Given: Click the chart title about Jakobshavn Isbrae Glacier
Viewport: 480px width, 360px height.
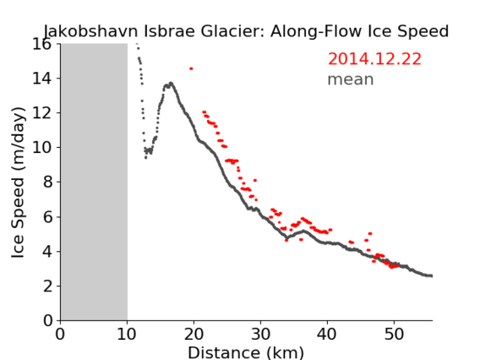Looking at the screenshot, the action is click(x=246, y=31).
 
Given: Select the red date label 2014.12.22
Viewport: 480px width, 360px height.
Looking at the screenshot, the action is click(x=374, y=59).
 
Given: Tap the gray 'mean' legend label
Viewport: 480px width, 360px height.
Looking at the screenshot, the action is click(x=351, y=79).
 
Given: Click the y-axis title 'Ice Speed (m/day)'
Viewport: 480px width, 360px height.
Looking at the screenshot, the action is click(x=18, y=183).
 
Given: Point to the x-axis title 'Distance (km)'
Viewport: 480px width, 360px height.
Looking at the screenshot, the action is click(x=246, y=352).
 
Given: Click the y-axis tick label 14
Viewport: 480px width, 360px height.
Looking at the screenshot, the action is click(x=42, y=79).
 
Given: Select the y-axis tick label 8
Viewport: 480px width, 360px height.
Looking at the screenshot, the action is click(x=47, y=183).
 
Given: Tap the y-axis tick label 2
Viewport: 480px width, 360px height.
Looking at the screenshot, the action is click(x=47, y=286).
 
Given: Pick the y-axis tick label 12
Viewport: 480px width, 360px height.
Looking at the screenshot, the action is click(x=42, y=113).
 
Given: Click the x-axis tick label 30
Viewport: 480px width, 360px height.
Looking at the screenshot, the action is click(x=260, y=334).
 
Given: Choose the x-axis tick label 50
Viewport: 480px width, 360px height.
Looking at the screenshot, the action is click(x=394, y=334).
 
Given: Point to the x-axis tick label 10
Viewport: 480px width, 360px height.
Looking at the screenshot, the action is click(x=127, y=334).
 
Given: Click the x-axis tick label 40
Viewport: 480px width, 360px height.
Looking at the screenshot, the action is click(x=327, y=334).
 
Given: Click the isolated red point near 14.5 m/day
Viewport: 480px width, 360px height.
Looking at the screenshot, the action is click(x=191, y=68).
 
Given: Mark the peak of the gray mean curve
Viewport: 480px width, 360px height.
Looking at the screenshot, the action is click(x=171, y=83).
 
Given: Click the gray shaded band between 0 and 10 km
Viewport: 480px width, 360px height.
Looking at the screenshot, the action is click(x=94, y=182).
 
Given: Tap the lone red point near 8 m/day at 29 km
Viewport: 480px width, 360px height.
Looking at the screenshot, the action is click(x=255, y=180).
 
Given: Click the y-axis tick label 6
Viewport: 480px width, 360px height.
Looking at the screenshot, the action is click(x=47, y=217).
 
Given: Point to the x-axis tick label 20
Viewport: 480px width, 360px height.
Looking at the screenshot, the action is click(x=194, y=334).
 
